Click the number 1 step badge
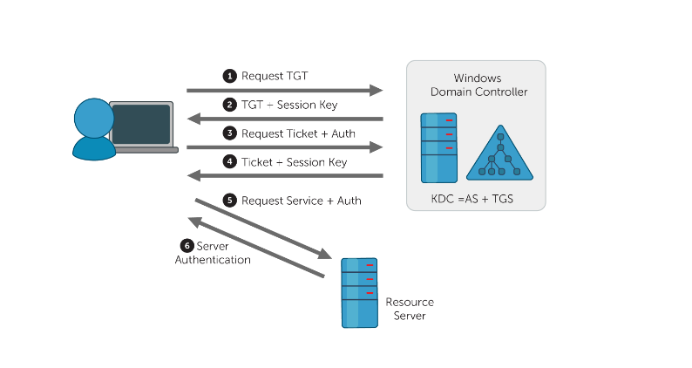tap(230, 76)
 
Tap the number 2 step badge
tap(230, 105)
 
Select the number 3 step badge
tap(230, 133)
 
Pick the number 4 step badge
tap(230, 162)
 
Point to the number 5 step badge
tap(230, 201)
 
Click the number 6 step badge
tap(187, 246)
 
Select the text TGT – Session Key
tap(289, 105)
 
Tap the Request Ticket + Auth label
tap(298, 133)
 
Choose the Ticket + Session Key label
tap(294, 162)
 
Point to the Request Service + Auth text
tap(302, 201)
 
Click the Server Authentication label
tap(214, 253)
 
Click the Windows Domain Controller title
tap(478, 85)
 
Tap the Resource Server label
tap(409, 309)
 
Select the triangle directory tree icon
tap(500, 154)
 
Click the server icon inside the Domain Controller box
tap(438, 147)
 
